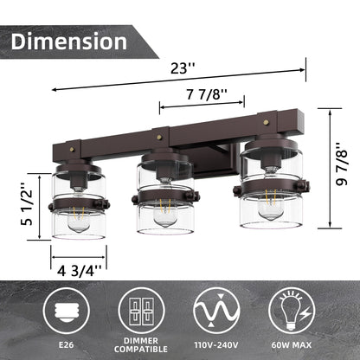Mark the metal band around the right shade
(x=270, y=184)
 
